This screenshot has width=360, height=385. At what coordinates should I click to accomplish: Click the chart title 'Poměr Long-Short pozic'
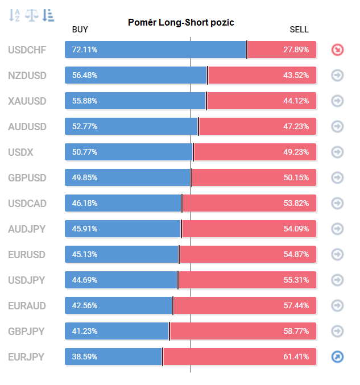point(181,22)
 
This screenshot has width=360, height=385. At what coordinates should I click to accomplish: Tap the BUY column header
point(80,30)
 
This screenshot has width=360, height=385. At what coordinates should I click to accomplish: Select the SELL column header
point(299,30)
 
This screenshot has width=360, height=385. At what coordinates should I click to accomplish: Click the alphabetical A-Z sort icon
point(14,15)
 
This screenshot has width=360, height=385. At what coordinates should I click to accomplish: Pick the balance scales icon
point(32,15)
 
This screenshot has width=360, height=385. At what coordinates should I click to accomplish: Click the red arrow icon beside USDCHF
point(337,50)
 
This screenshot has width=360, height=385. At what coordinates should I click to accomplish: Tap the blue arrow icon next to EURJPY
point(337,357)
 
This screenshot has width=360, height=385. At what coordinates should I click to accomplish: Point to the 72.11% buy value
point(85,49)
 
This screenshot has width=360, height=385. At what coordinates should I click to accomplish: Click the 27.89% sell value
point(296,49)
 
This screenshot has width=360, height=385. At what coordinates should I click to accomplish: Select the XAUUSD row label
point(27,101)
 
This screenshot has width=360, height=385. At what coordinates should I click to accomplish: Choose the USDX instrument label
point(20,152)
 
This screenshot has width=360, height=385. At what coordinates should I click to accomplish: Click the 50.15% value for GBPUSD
point(296,177)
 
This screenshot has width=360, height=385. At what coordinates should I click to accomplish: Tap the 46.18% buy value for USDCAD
point(85,203)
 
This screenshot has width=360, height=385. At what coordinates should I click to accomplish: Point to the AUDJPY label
point(27,229)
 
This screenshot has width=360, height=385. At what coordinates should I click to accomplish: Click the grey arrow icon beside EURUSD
point(337,254)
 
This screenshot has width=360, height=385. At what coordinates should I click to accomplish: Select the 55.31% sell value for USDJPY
point(296,280)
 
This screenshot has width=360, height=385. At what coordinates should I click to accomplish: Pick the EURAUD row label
point(27,306)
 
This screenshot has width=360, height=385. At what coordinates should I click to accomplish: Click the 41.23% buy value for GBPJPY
point(85,331)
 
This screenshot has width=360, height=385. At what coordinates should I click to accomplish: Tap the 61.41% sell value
point(296,357)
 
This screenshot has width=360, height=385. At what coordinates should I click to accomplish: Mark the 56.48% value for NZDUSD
point(85,75)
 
